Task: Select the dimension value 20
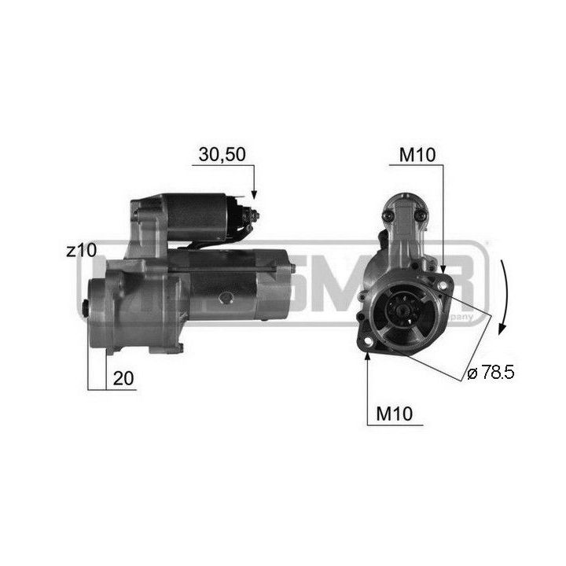pyautogui.click(x=124, y=378)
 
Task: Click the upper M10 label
pyautogui.click(x=417, y=154)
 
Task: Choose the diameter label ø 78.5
pyautogui.click(x=490, y=373)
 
